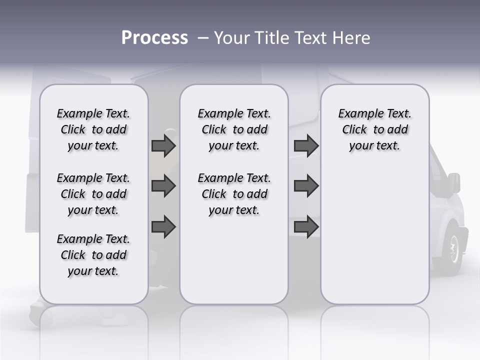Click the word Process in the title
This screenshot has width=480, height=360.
154,38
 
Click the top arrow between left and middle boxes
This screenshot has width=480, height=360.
163,145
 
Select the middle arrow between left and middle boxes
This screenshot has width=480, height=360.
163,186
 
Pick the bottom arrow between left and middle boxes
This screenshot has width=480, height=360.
163,227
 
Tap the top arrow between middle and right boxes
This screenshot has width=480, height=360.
306,145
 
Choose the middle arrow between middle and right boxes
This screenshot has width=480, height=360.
306,186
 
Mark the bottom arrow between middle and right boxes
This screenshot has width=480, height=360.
306,227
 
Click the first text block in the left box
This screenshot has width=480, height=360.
93,129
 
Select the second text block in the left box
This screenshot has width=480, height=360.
93,194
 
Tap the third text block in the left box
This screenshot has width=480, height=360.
93,255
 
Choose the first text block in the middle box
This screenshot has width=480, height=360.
234,129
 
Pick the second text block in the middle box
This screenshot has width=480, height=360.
234,194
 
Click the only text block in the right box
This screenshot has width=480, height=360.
374,129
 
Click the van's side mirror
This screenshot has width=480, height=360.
454,183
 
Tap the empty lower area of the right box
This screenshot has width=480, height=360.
374,235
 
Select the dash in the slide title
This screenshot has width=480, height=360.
202,38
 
